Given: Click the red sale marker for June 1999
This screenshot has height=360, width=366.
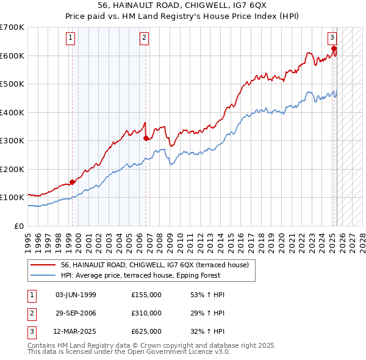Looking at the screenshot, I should pyautogui.click(x=73, y=181).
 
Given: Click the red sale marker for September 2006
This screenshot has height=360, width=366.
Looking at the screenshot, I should pyautogui.click(x=146, y=138).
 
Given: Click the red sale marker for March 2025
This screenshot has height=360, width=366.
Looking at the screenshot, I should pyautogui.click(x=334, y=49).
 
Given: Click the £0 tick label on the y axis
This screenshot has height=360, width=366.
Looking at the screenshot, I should pyautogui.click(x=18, y=226).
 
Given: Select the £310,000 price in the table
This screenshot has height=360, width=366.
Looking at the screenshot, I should pyautogui.click(x=146, y=313).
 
